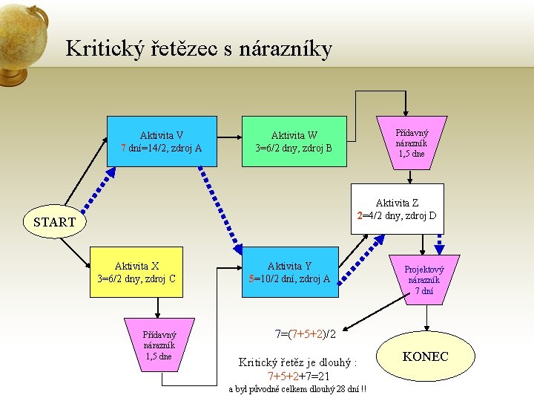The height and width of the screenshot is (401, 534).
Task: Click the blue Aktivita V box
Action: pos(162,141)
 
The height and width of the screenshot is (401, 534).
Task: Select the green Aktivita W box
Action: pos(294,141)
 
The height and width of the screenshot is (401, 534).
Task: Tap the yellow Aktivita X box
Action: pos(136,273)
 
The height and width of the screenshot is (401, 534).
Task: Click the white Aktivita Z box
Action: pos(397,209)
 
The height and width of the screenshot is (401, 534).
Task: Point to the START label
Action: pos(54,222)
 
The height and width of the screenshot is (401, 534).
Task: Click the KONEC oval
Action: pos(425,357)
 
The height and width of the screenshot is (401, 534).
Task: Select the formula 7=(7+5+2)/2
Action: pos(306,334)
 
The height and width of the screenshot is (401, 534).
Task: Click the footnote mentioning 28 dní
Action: pos(300,390)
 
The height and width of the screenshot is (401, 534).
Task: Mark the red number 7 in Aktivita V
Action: pos(123,148)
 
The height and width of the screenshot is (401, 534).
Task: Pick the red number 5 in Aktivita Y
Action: pos(252,279)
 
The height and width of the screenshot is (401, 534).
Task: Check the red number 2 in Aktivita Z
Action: pos(359,216)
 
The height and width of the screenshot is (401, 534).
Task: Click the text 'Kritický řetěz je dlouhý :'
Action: pos(297,362)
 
